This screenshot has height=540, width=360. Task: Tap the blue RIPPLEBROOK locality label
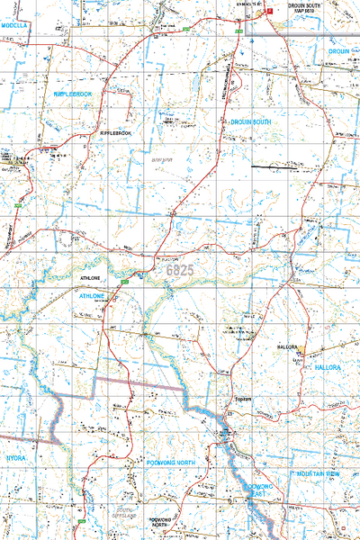point(74,94)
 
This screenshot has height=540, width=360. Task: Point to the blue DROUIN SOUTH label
point(250,121)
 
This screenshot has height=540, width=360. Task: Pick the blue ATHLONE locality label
point(94,295)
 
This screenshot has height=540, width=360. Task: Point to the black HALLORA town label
point(286,346)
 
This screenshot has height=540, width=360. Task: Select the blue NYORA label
point(17,457)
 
